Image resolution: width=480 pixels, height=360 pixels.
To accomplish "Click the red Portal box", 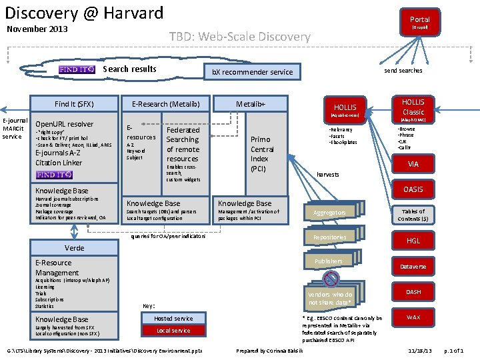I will pos(419,22).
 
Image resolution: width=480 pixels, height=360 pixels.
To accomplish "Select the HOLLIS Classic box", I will pos(413,107).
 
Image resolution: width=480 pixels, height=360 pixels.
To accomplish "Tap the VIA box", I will pos(413,163).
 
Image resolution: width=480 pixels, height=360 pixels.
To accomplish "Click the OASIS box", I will pos(413,189).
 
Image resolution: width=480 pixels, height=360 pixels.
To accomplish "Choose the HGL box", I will pos(413,241).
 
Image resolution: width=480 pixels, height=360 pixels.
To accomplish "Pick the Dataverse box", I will pos(413,267).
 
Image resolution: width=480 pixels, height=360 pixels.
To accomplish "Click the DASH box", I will pos(413,292).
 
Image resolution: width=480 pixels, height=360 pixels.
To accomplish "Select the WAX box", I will pos(413,317).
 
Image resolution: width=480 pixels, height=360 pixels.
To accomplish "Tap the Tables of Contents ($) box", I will pos(413,215).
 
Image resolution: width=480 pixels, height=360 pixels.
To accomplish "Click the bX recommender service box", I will pos(252,71).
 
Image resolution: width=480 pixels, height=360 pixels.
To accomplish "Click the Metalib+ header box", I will pos(251,103).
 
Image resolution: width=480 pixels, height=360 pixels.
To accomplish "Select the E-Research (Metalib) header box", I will pos(166,103).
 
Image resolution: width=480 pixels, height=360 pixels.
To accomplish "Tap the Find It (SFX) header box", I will pos(74,103).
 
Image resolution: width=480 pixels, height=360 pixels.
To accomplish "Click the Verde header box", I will pos(74,248).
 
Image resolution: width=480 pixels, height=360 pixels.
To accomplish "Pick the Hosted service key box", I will pos(173,318).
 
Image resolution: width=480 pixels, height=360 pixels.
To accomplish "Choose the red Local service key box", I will pos(173,331).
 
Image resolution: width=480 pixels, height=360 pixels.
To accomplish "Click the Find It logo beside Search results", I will pos(77,69).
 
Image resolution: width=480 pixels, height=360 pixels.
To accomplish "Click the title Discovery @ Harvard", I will pos(84,13).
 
